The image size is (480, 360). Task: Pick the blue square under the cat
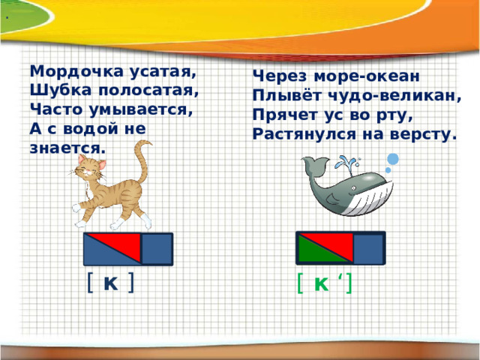pyautogui.click(x=157, y=249)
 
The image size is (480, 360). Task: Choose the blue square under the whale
pyautogui.click(x=368, y=249)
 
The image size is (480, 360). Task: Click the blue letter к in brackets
pyautogui.click(x=109, y=283)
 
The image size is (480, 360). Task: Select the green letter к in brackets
pyautogui.click(x=321, y=283)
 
